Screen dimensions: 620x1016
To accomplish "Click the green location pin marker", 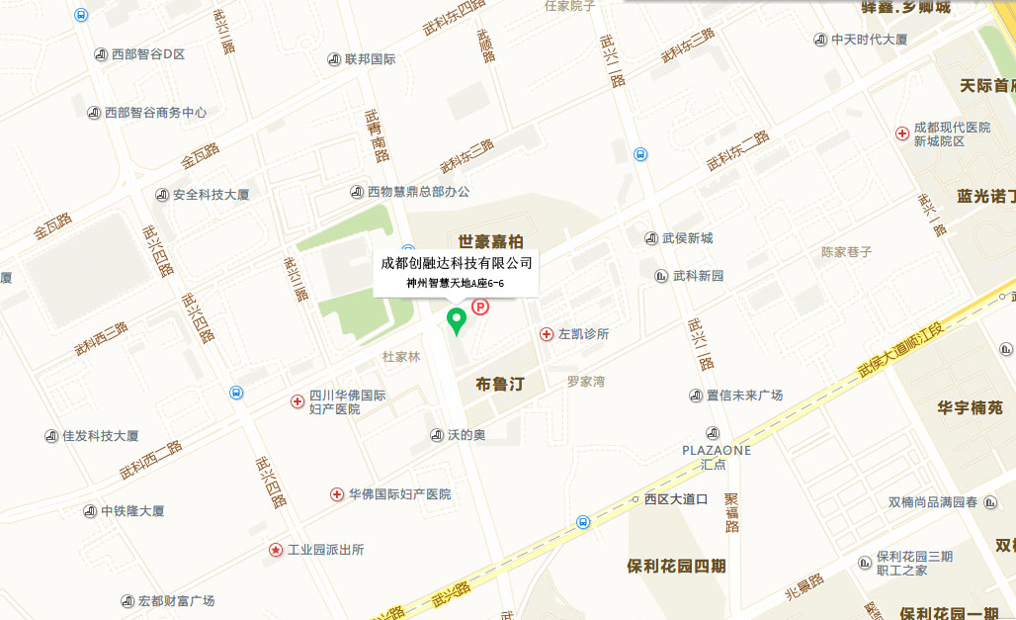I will tap(457, 320).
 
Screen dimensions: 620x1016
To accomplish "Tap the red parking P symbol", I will tap(481, 308).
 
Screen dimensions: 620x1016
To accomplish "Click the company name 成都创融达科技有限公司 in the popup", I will tap(457, 263).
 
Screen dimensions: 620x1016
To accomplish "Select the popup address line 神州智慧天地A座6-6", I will tap(456, 284).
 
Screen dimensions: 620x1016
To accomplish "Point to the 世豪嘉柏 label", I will tap(491, 241).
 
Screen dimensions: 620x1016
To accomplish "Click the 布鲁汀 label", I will tap(499, 384).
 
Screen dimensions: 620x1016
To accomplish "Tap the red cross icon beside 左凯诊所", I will tap(547, 334).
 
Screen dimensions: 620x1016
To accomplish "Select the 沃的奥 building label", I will tap(466, 435).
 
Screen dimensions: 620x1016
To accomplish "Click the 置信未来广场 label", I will tap(744, 396).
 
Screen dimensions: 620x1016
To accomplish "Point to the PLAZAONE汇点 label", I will tap(717, 456).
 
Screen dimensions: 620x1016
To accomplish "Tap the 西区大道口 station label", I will tap(676, 499).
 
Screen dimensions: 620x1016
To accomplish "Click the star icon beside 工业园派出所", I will tap(276, 550).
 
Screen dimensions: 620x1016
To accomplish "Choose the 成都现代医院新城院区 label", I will tap(951, 134).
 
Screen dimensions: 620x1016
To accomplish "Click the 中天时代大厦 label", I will tap(869, 40).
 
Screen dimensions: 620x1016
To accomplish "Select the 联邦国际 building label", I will tap(370, 59).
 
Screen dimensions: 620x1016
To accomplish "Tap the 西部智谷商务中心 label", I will tap(155, 113).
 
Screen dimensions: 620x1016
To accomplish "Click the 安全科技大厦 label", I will tap(211, 195).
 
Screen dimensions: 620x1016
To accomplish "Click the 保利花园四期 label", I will tap(676, 567).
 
